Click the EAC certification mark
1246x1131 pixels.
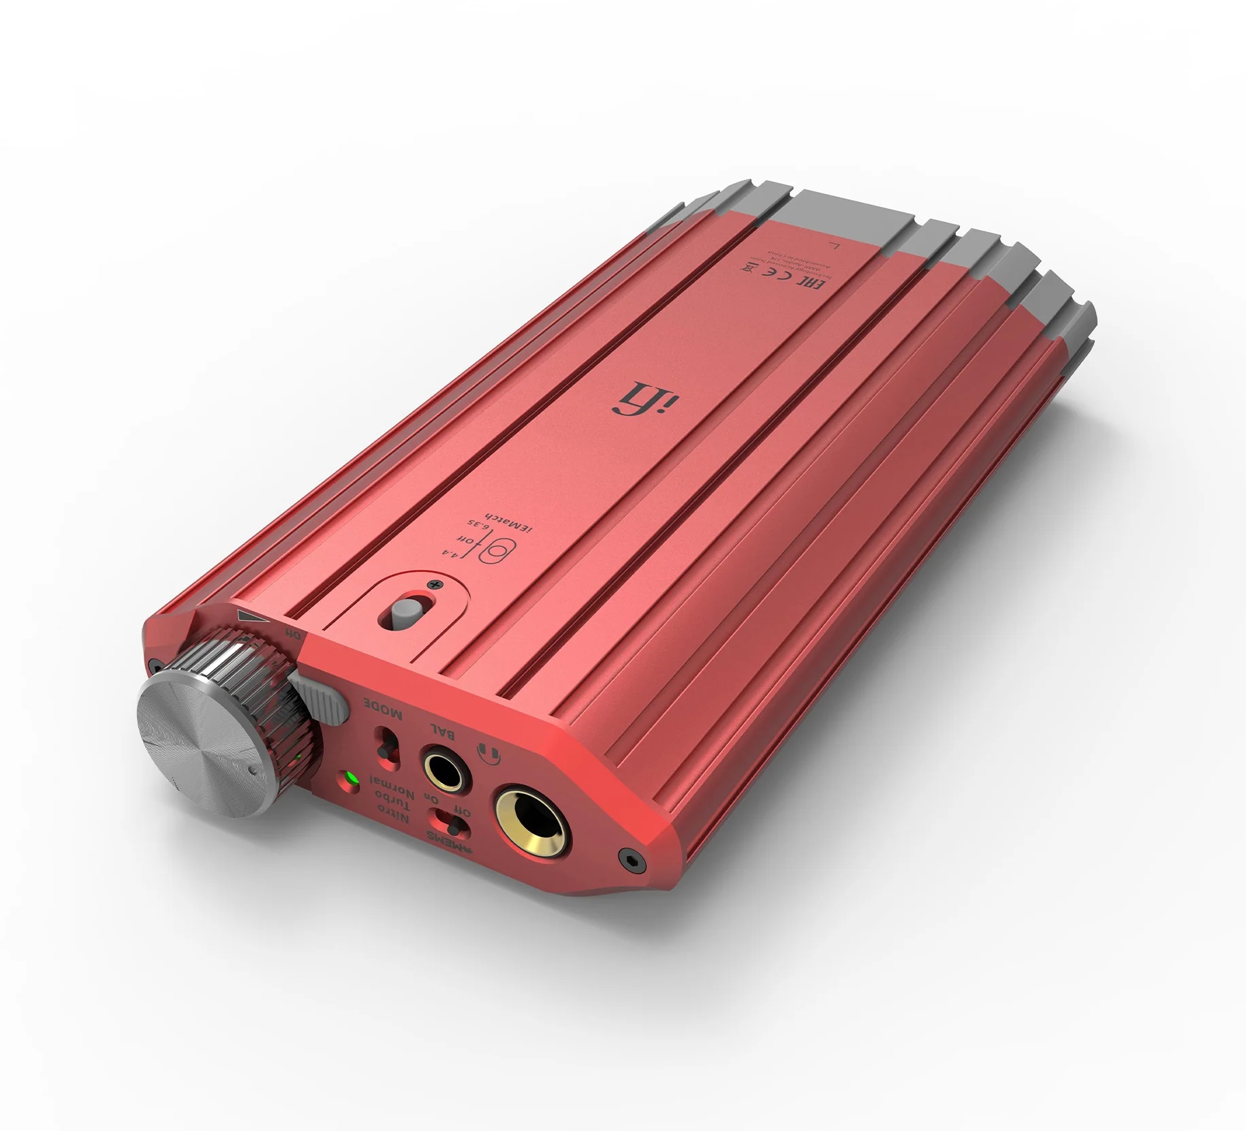819,280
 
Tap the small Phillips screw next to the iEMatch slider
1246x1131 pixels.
431,585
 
